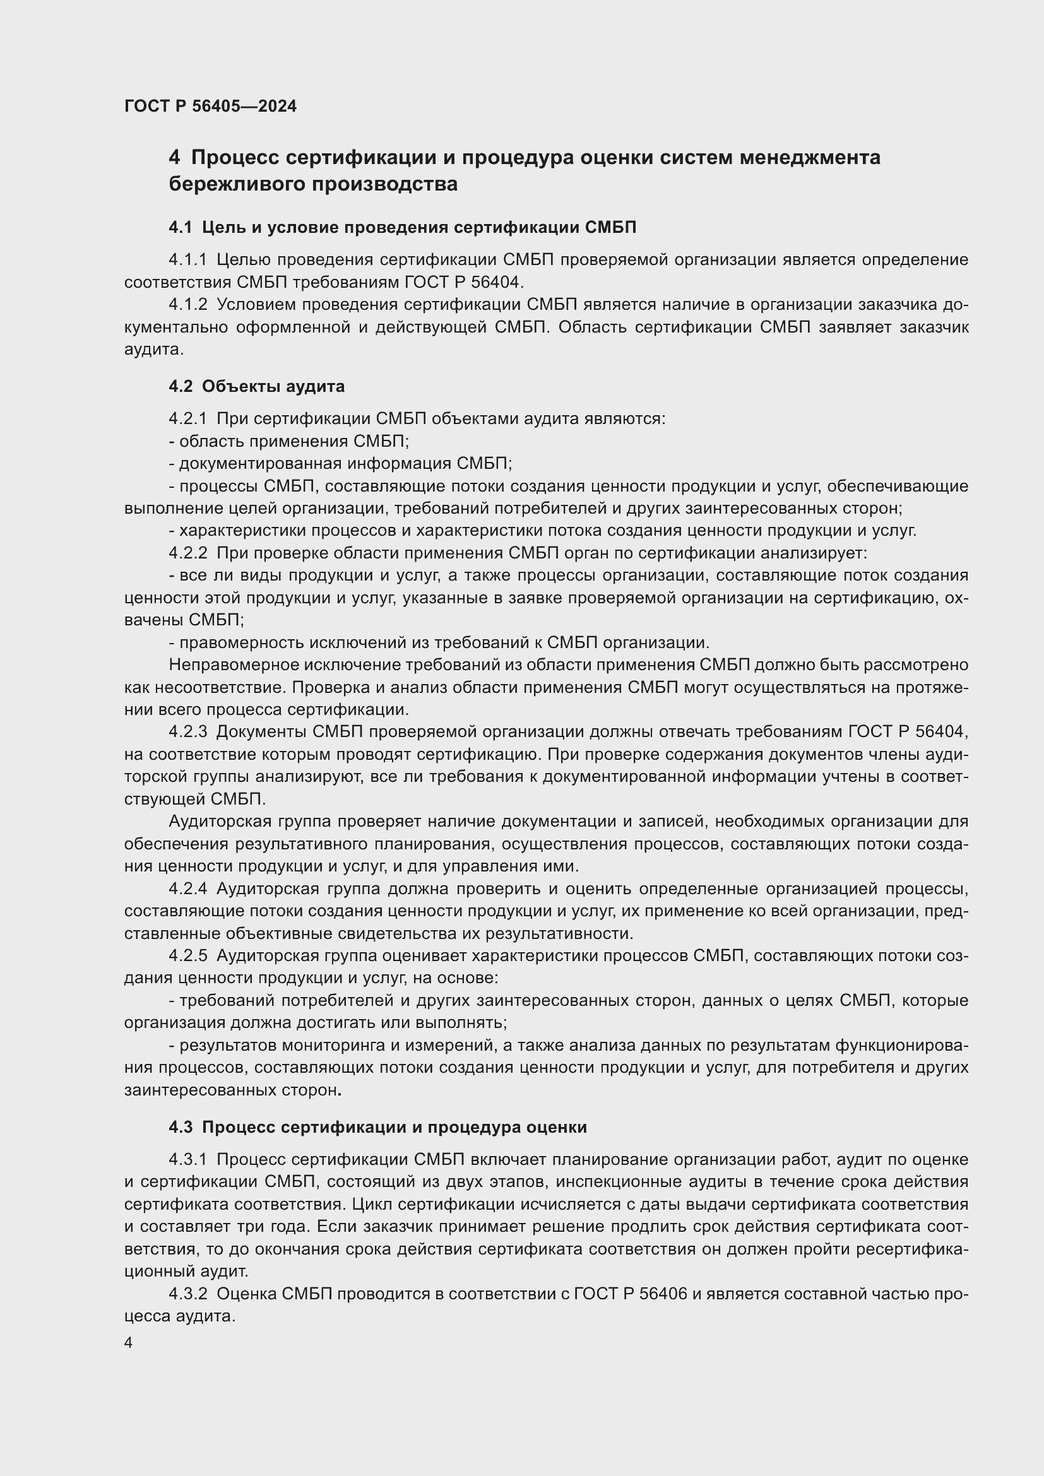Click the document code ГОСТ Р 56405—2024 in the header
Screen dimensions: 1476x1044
(x=210, y=106)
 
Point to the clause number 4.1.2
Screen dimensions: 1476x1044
(x=187, y=304)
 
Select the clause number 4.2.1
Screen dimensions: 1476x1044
(x=187, y=419)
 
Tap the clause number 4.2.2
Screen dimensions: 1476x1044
(x=187, y=553)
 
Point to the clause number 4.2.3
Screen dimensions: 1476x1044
(x=187, y=731)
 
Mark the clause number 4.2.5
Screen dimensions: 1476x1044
(x=187, y=955)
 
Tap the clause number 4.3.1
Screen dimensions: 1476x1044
(x=187, y=1160)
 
